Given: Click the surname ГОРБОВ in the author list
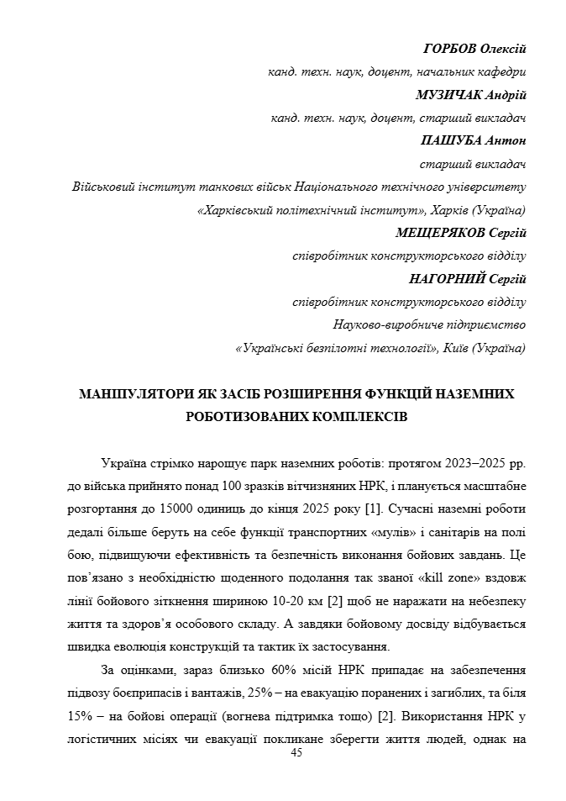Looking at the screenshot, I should pyautogui.click(x=450, y=50).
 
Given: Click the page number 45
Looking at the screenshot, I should pyautogui.click(x=296, y=753).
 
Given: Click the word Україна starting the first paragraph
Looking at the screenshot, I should pyautogui.click(x=123, y=463).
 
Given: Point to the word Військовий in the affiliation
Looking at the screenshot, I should pyautogui.click(x=105, y=187).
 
